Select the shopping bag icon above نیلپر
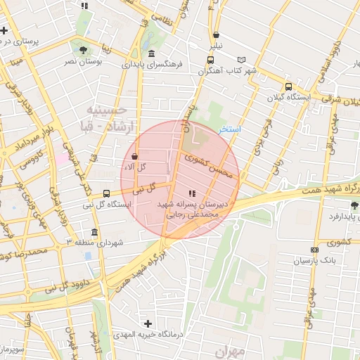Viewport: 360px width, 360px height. pos(215,34)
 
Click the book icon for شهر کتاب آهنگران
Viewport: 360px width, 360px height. pos(243,60)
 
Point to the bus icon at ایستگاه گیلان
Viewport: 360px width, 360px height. pos(288,86)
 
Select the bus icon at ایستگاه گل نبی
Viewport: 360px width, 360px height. pos(106,193)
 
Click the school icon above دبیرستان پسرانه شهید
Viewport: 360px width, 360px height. pos(191,193)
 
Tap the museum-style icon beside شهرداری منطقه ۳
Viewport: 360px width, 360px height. pos(94,232)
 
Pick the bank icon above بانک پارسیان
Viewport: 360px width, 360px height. pos(314,250)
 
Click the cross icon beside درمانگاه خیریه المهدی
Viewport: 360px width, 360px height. pos(147,323)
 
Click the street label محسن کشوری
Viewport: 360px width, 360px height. pos(206,167)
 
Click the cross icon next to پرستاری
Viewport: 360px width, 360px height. pos(4,30)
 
